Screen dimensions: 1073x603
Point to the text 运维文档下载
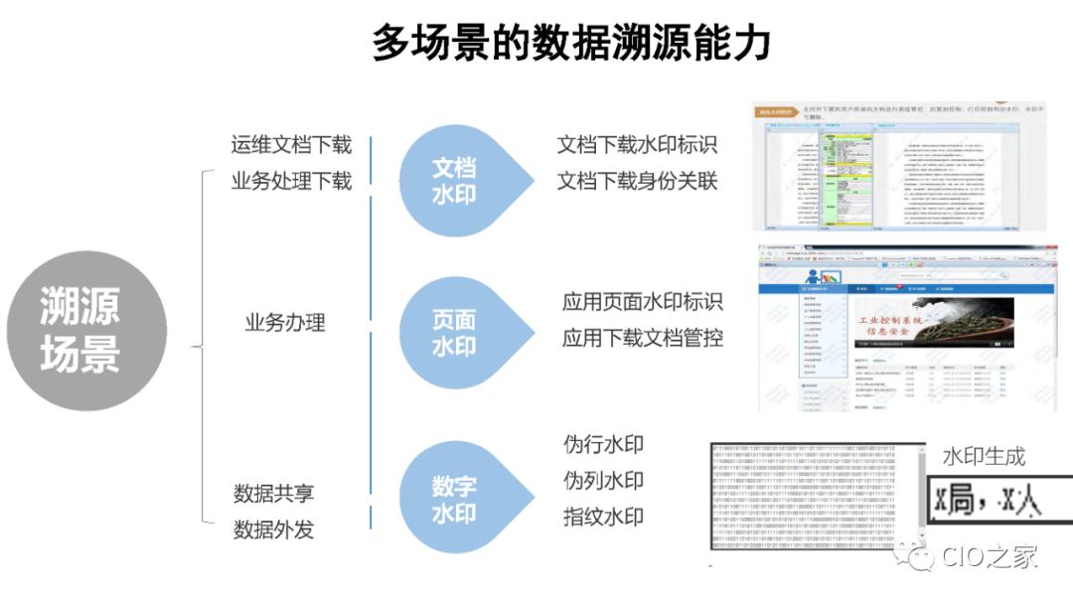[x=291, y=145]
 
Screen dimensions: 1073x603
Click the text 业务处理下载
[x=291, y=181]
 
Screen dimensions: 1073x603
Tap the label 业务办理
[x=285, y=324]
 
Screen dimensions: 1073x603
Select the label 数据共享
[x=274, y=494]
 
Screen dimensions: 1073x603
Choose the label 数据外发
[x=274, y=529]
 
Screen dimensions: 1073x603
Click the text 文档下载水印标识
[x=637, y=145]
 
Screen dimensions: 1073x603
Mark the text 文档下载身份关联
[x=637, y=181]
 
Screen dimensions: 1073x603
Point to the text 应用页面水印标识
[x=642, y=302]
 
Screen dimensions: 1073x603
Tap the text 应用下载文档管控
[x=642, y=339]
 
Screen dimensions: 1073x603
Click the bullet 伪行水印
[x=603, y=444]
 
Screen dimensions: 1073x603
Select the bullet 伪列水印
[x=603, y=481]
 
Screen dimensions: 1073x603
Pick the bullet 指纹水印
[x=603, y=517]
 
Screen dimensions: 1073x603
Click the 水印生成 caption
[x=984, y=457]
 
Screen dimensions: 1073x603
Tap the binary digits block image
[x=817, y=498]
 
